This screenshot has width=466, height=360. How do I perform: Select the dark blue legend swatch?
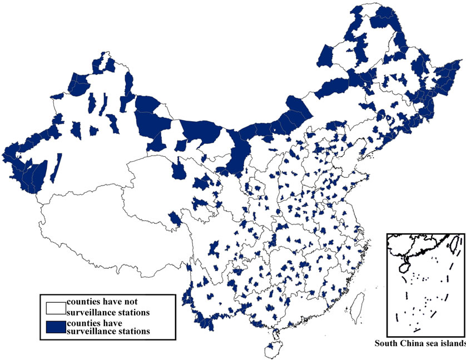tap(56, 327)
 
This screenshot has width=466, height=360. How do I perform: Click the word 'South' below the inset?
tap(386, 343)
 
